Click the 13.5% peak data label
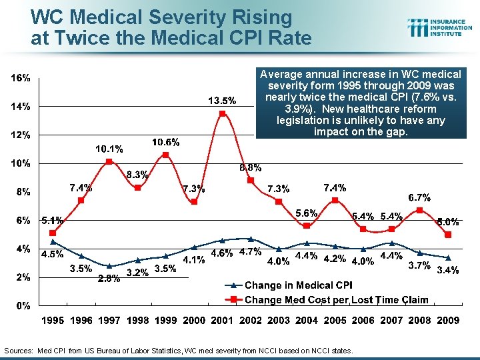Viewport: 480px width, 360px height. tap(222, 101)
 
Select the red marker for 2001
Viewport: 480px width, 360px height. tap(223, 113)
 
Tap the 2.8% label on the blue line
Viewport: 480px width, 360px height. tap(109, 279)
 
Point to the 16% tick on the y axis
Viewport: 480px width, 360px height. tap(21, 78)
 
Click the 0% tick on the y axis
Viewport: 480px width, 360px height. tap(23, 306)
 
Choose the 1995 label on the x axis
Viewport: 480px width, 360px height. tap(53, 320)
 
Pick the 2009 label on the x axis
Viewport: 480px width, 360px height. tap(448, 320)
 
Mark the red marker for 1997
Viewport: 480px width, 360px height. tap(109, 162)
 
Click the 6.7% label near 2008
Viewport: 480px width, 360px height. tap(419, 197)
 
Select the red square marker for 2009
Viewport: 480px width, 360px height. tap(448, 235)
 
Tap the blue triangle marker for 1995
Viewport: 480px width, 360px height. tap(53, 241)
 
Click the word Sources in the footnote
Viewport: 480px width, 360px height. tap(19, 351)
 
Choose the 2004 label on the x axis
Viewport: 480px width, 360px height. tap(307, 320)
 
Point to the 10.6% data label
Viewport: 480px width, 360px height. tap(165, 142)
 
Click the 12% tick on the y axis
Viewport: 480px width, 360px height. tap(21, 135)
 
